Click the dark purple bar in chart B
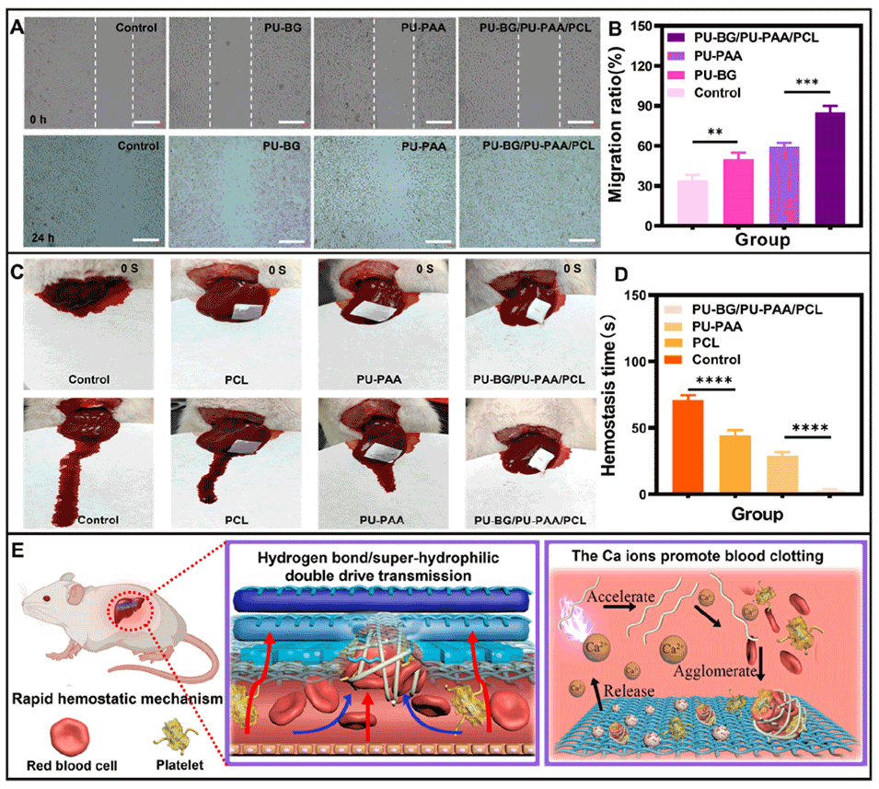point(829,168)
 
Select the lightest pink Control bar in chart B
point(692,203)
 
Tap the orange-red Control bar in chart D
point(688,447)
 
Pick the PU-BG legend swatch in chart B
point(676,75)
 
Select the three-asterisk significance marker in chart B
point(806,83)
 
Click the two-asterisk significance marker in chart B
point(715,133)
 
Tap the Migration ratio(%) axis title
point(616,124)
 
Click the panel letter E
point(17,551)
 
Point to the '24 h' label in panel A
point(42,238)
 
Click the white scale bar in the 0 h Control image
point(147,122)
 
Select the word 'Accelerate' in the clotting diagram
point(620,596)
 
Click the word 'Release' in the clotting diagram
point(629,690)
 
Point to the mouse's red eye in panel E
point(46,598)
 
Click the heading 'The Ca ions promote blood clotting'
point(698,556)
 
